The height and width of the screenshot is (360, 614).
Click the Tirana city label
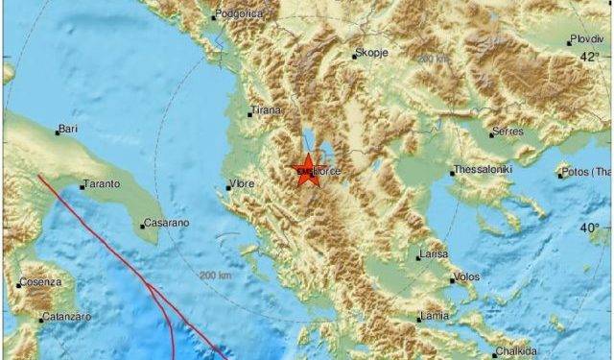(266, 110)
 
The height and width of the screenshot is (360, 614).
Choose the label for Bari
(67, 128)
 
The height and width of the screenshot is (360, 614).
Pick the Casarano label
(166, 223)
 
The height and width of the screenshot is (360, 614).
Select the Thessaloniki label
(484, 170)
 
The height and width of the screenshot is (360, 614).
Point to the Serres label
(508, 132)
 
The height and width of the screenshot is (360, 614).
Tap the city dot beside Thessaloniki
(451, 174)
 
